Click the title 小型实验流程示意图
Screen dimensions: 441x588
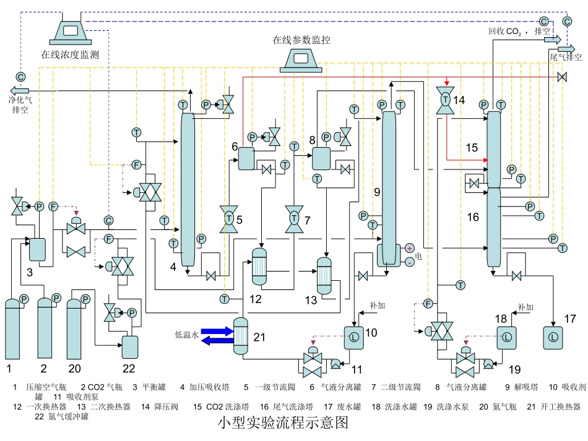(x=284, y=424)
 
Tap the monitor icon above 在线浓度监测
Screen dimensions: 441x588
(x=72, y=30)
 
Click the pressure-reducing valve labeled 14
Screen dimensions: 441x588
(x=444, y=99)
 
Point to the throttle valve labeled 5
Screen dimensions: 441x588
(x=229, y=218)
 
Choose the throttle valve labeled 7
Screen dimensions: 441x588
(x=294, y=218)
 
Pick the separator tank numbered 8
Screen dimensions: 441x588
(x=321, y=158)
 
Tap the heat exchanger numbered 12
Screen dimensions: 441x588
(x=259, y=267)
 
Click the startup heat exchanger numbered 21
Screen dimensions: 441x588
(x=240, y=336)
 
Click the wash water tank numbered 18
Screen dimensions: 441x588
(x=506, y=337)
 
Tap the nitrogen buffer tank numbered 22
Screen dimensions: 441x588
(x=131, y=347)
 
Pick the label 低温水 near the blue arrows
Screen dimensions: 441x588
(x=186, y=336)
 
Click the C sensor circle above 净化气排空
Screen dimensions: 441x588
(x=20, y=77)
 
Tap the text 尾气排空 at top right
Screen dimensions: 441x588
(x=566, y=58)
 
